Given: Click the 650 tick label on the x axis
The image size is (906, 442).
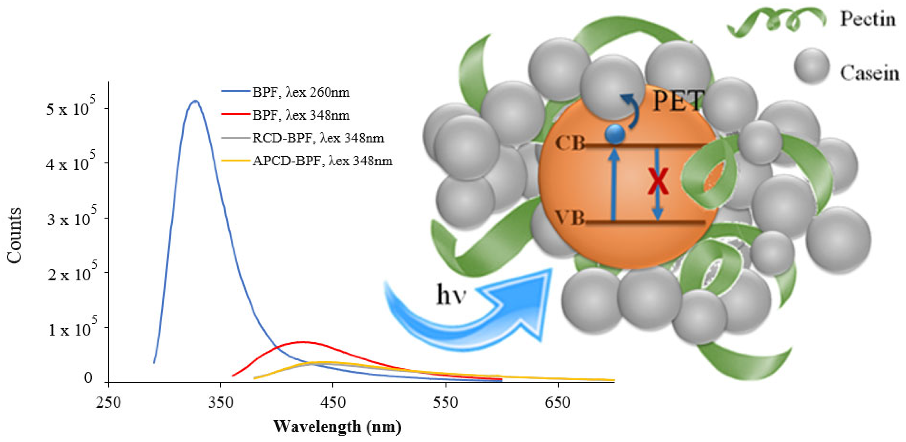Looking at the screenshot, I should tap(558, 402).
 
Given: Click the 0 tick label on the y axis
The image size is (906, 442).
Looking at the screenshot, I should tap(88, 378).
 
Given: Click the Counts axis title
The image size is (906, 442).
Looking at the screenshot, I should tap(14, 235).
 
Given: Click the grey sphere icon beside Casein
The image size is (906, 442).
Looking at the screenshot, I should tap(812, 66).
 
